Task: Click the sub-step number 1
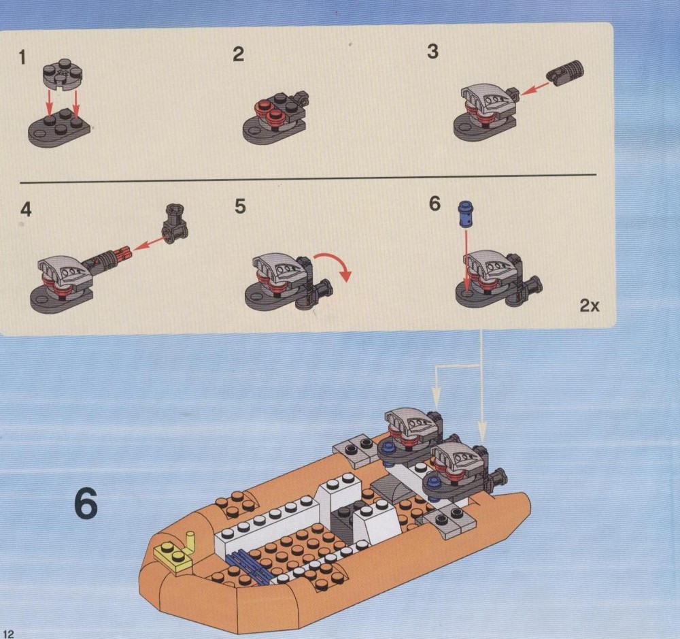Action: (x=22, y=57)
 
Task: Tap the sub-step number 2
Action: (x=239, y=54)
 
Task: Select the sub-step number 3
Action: (x=432, y=51)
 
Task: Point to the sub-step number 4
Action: (x=26, y=209)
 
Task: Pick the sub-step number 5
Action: (x=240, y=206)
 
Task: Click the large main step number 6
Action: (x=86, y=503)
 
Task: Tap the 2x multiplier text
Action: (x=590, y=306)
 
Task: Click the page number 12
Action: (x=9, y=634)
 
